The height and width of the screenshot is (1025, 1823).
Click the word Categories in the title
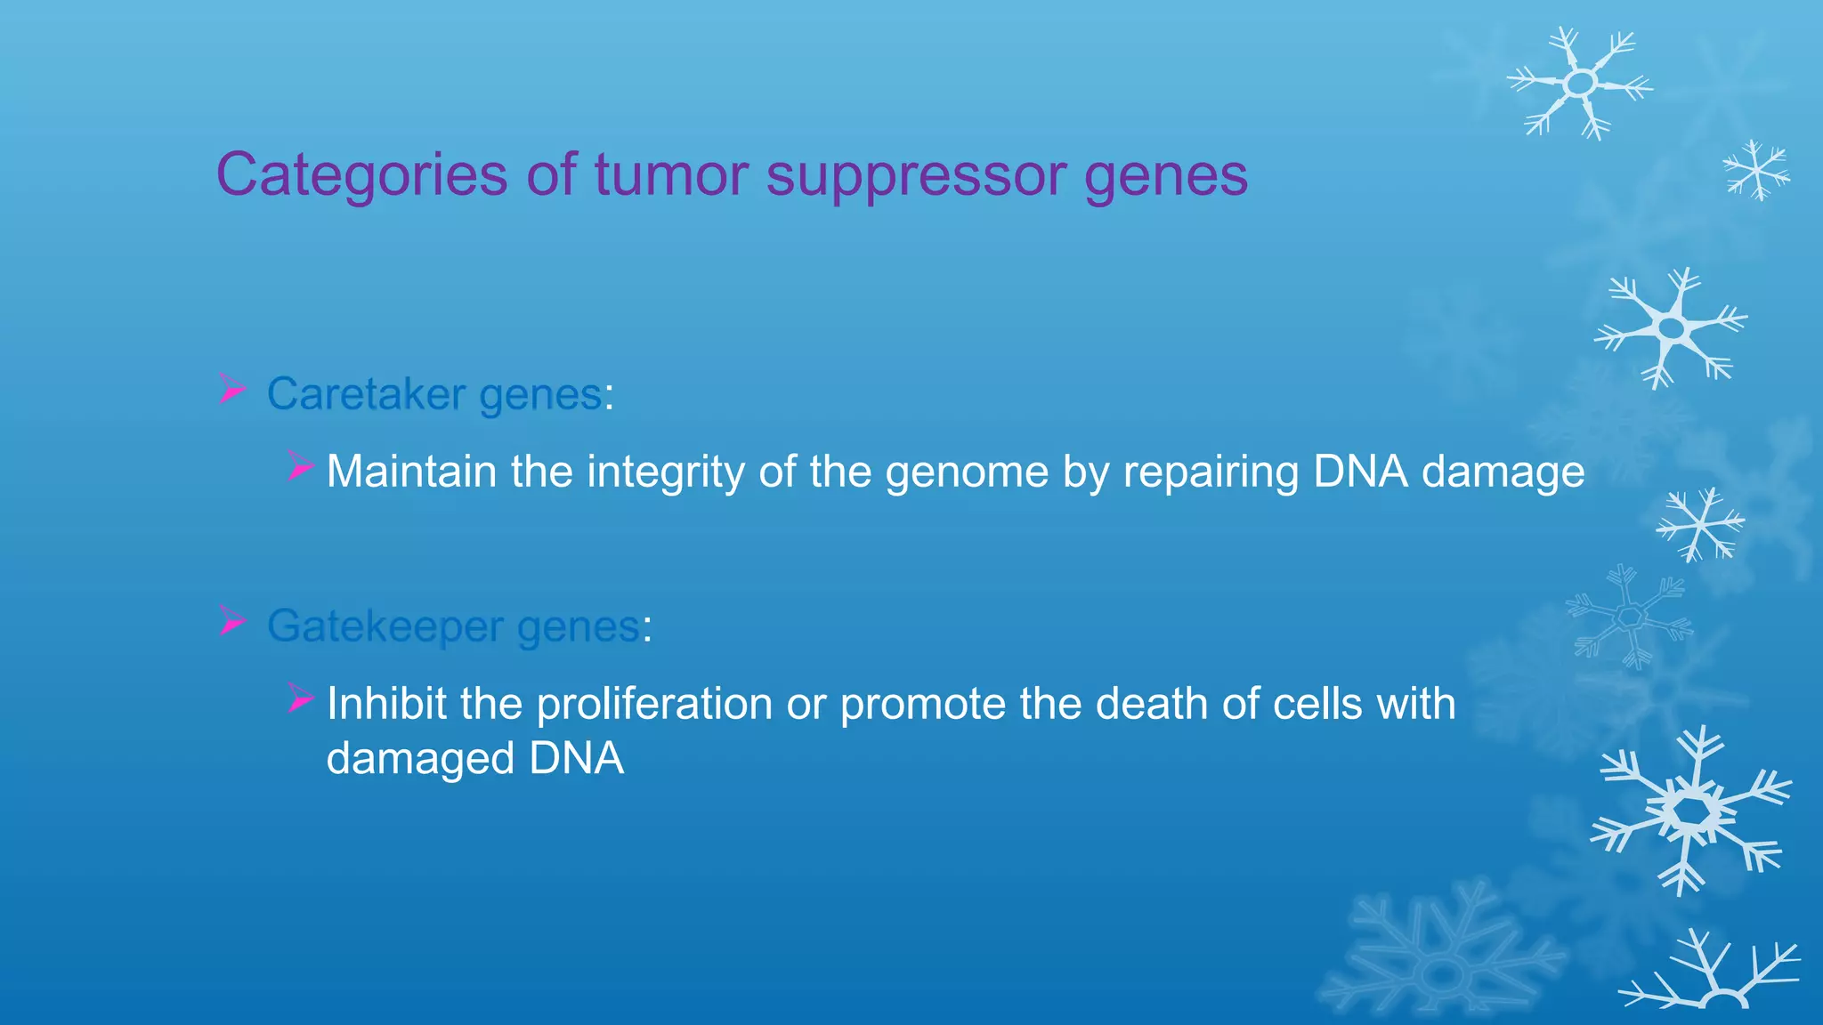361,175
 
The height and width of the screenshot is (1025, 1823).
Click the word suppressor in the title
916,175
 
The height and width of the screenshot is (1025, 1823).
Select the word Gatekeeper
385,626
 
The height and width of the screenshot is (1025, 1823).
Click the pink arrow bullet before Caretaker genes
232,390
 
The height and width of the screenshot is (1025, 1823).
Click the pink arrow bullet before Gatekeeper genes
232,622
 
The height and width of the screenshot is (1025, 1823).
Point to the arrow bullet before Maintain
301,466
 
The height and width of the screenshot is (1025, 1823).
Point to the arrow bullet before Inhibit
301,699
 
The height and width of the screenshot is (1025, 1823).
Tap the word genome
967,472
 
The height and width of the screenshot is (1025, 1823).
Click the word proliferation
654,705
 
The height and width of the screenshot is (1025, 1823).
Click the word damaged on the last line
420,760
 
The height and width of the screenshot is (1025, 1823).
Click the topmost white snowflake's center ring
1581,84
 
